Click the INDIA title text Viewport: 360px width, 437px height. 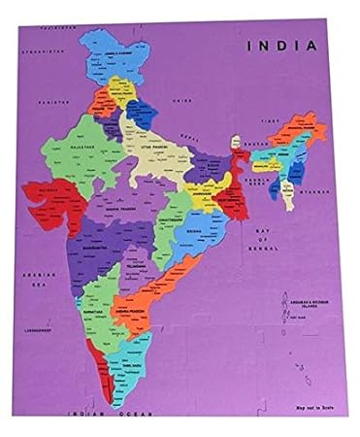283,45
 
